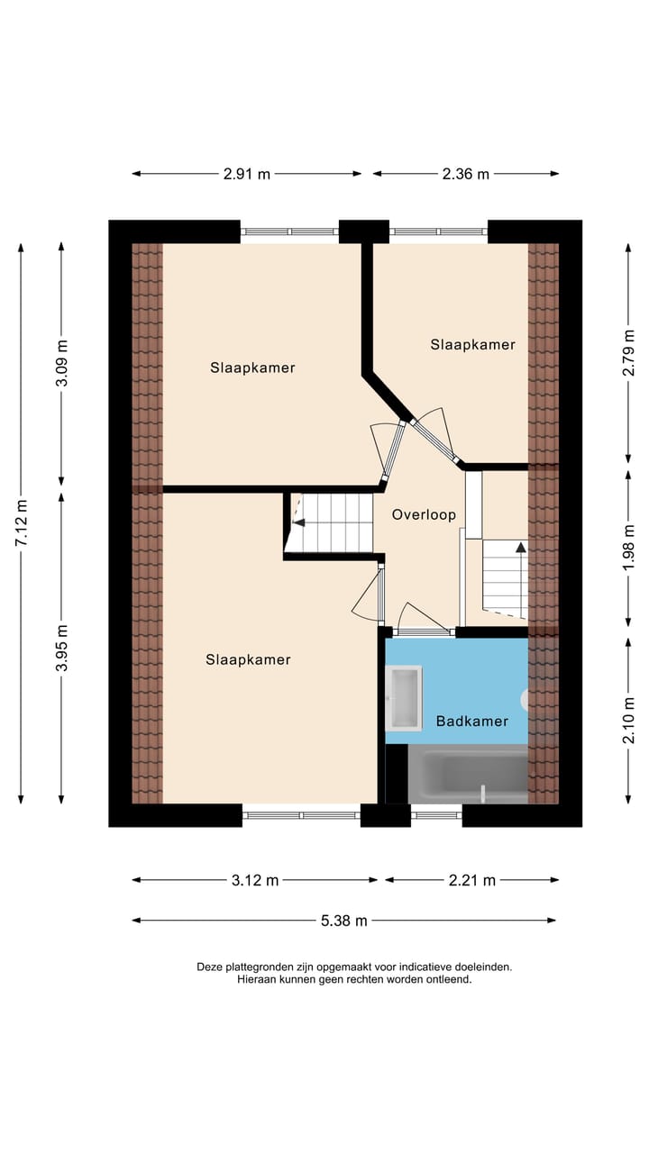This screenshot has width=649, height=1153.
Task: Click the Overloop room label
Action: click(424, 514)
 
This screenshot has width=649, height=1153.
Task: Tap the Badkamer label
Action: click(471, 721)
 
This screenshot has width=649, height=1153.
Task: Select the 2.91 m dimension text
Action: click(247, 174)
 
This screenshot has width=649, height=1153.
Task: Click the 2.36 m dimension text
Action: click(465, 174)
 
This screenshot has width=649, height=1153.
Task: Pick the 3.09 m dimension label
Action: click(61, 363)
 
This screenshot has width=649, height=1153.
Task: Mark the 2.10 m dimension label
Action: click(629, 721)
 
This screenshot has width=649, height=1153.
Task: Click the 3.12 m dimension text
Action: click(255, 880)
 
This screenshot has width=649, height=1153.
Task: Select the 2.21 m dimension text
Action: click(471, 880)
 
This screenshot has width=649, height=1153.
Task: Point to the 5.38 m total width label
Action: click(344, 921)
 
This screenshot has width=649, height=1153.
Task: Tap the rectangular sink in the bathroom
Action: click(404, 698)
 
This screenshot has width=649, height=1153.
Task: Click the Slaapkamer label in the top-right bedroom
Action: click(472, 344)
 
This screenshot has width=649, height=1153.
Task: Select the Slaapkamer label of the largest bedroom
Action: click(248, 659)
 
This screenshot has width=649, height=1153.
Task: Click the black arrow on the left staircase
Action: click(299, 522)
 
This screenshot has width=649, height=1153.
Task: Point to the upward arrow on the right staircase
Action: click(521, 546)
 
